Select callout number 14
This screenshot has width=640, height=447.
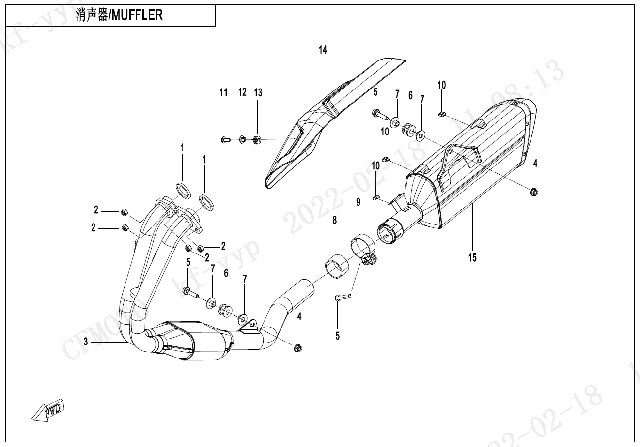coord(323,50)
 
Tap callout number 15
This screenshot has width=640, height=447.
coord(472,257)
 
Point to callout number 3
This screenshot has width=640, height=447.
coord(86,342)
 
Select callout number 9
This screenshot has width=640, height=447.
coord(358,202)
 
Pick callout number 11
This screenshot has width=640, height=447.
coord(223,93)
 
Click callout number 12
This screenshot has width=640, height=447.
coord(242,92)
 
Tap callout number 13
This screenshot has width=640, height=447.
coord(258,92)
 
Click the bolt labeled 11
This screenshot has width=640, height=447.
coord(224,140)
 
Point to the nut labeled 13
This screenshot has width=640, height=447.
coord(257,140)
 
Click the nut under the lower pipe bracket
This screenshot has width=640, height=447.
coord(298,347)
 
